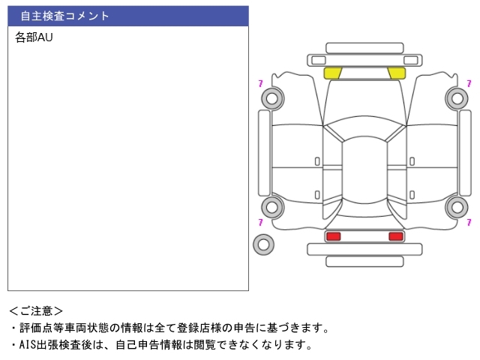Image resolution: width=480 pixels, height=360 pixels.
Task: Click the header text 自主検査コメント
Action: [64, 16]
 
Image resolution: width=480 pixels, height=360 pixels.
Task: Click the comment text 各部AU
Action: [34, 37]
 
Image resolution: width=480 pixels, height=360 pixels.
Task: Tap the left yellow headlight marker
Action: [333, 73]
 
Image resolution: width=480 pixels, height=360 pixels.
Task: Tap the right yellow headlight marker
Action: [397, 73]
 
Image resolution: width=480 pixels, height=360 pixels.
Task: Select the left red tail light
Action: [333, 236]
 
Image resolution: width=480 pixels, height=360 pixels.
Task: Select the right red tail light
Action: [396, 236]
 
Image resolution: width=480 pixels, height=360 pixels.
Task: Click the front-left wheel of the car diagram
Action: [272, 98]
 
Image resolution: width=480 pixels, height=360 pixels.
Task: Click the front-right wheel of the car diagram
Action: [457, 98]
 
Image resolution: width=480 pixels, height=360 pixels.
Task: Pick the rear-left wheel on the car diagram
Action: [272, 207]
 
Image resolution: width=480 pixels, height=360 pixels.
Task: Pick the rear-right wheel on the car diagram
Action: [457, 207]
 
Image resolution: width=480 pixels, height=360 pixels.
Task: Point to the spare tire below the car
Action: [263, 244]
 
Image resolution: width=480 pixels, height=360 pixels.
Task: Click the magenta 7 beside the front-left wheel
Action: [260, 83]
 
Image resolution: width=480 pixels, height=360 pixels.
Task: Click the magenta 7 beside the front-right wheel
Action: [469, 83]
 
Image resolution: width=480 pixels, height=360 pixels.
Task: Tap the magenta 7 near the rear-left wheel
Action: [260, 222]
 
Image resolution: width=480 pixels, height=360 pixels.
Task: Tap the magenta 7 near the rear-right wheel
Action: [469, 222]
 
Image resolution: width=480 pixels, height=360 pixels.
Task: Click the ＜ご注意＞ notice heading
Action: [36, 311]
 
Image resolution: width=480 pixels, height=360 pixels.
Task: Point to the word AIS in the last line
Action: [28, 345]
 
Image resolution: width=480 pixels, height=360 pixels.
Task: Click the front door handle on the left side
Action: [317, 161]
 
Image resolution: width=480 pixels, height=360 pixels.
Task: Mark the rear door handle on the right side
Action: [412, 195]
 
